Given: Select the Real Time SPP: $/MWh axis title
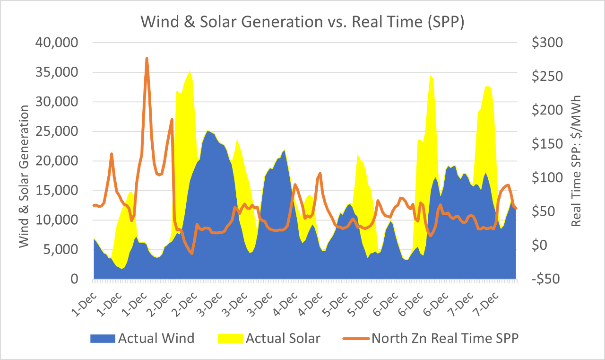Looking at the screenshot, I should [576, 161].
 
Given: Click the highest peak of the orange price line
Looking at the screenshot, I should [147, 58].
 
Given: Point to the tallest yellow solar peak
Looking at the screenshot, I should [190, 71].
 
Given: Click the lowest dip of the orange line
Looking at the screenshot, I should [192, 254].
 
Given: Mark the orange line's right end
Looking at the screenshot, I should [516, 208].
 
